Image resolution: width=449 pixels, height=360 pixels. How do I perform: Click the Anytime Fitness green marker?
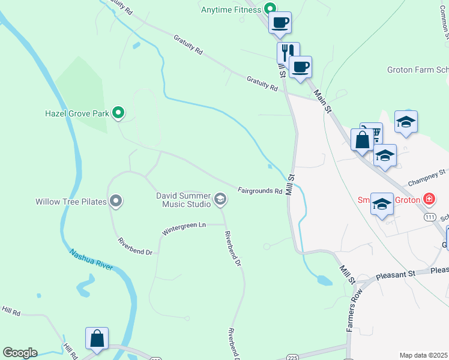[270, 9]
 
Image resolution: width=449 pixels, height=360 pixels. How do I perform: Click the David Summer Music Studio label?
[183, 200]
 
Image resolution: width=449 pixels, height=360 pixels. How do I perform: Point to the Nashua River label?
[91, 260]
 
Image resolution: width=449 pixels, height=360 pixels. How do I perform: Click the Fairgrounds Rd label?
[259, 191]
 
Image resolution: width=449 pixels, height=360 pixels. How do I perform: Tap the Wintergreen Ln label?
[184, 228]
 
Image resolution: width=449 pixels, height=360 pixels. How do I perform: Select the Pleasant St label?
[396, 275]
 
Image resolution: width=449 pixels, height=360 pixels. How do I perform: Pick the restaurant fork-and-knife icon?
[288, 52]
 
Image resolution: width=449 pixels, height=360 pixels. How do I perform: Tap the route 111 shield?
[430, 217]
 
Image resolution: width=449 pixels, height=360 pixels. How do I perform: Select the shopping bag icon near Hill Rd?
[97, 338]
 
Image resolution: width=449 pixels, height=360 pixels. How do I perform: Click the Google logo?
[20, 353]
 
